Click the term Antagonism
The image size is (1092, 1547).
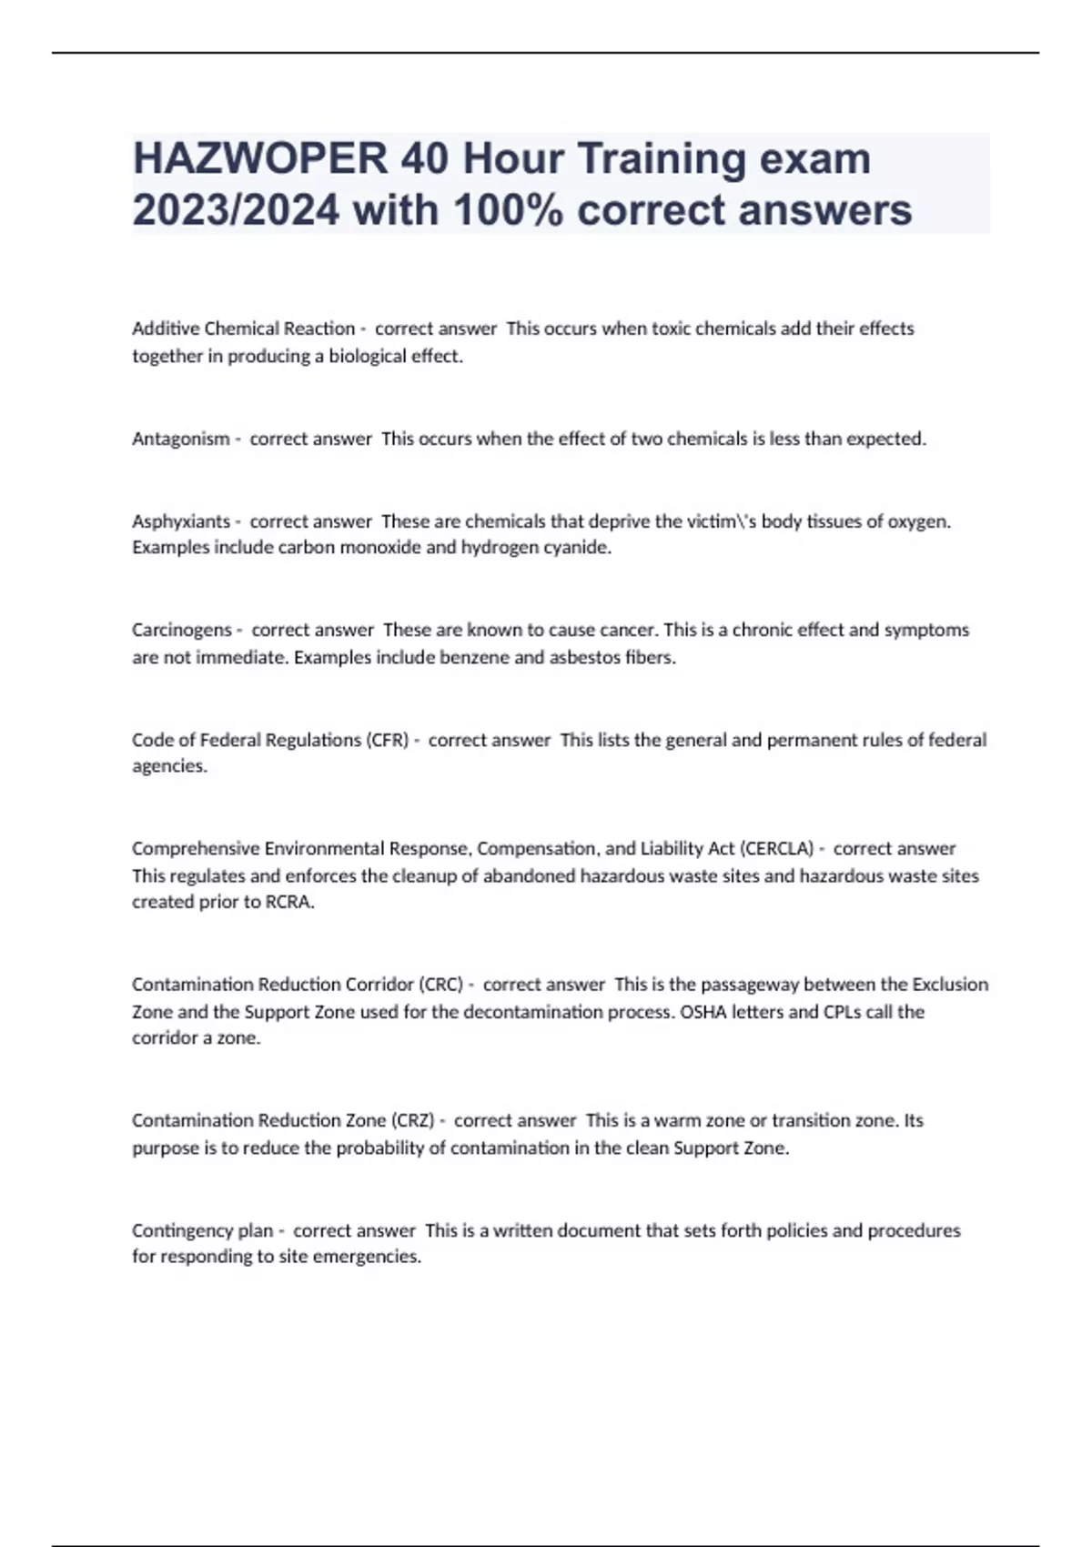[x=181, y=439]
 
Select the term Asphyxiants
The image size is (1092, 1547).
[x=181, y=521]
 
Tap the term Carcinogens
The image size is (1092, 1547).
[x=182, y=630]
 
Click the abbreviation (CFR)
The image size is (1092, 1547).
[x=388, y=740]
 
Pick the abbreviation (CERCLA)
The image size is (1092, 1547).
[x=777, y=849]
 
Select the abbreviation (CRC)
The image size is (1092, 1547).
[x=441, y=985]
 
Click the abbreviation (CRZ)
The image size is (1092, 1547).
[x=412, y=1120]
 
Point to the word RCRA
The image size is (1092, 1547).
[x=288, y=902]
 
